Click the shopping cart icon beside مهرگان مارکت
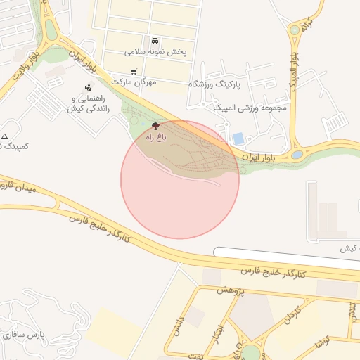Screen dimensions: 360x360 point(134,72)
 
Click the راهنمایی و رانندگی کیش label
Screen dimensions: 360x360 point(86,105)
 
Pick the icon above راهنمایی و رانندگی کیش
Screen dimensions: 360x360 point(87,88)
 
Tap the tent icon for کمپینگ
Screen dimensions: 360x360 point(6,136)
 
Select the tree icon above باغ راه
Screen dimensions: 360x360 point(155,126)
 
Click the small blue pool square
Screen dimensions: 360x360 point(238,139)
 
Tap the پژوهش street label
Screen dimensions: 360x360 point(230,290)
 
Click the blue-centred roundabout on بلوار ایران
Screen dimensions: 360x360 point(297,155)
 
